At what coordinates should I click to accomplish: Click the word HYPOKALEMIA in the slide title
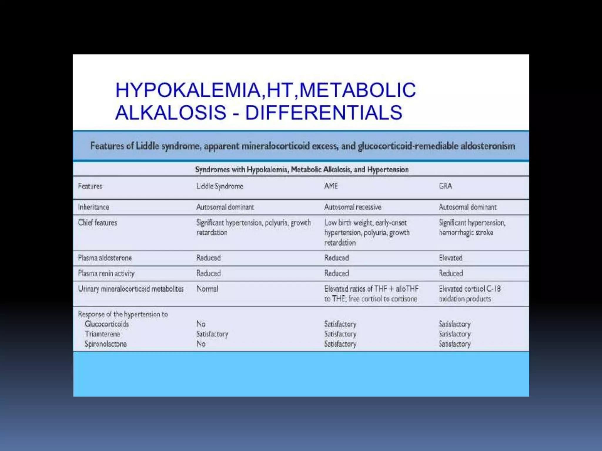coord(188,90)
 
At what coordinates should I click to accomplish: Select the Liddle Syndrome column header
coord(220,186)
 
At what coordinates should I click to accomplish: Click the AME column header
coord(331,186)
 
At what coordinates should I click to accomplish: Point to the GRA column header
coord(445,186)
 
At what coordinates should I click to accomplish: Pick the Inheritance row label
coord(93,207)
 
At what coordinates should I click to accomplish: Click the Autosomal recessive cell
coord(352,207)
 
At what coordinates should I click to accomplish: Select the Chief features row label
coord(97,223)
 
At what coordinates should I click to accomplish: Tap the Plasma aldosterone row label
coord(105,258)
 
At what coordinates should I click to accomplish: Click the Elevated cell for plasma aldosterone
coord(451,258)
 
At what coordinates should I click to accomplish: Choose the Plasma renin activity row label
coord(106,274)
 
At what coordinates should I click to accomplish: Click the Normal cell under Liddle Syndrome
coord(207,289)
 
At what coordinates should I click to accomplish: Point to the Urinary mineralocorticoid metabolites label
coord(131,289)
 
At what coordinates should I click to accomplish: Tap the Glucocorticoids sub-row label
coord(107,324)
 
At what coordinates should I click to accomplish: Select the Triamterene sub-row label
coord(102,334)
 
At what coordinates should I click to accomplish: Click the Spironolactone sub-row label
coord(106,344)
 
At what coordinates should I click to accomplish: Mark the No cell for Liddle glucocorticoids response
coord(201,324)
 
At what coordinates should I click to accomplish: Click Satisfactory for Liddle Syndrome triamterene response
coord(212,334)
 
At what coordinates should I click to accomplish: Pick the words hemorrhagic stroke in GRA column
coord(466,233)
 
